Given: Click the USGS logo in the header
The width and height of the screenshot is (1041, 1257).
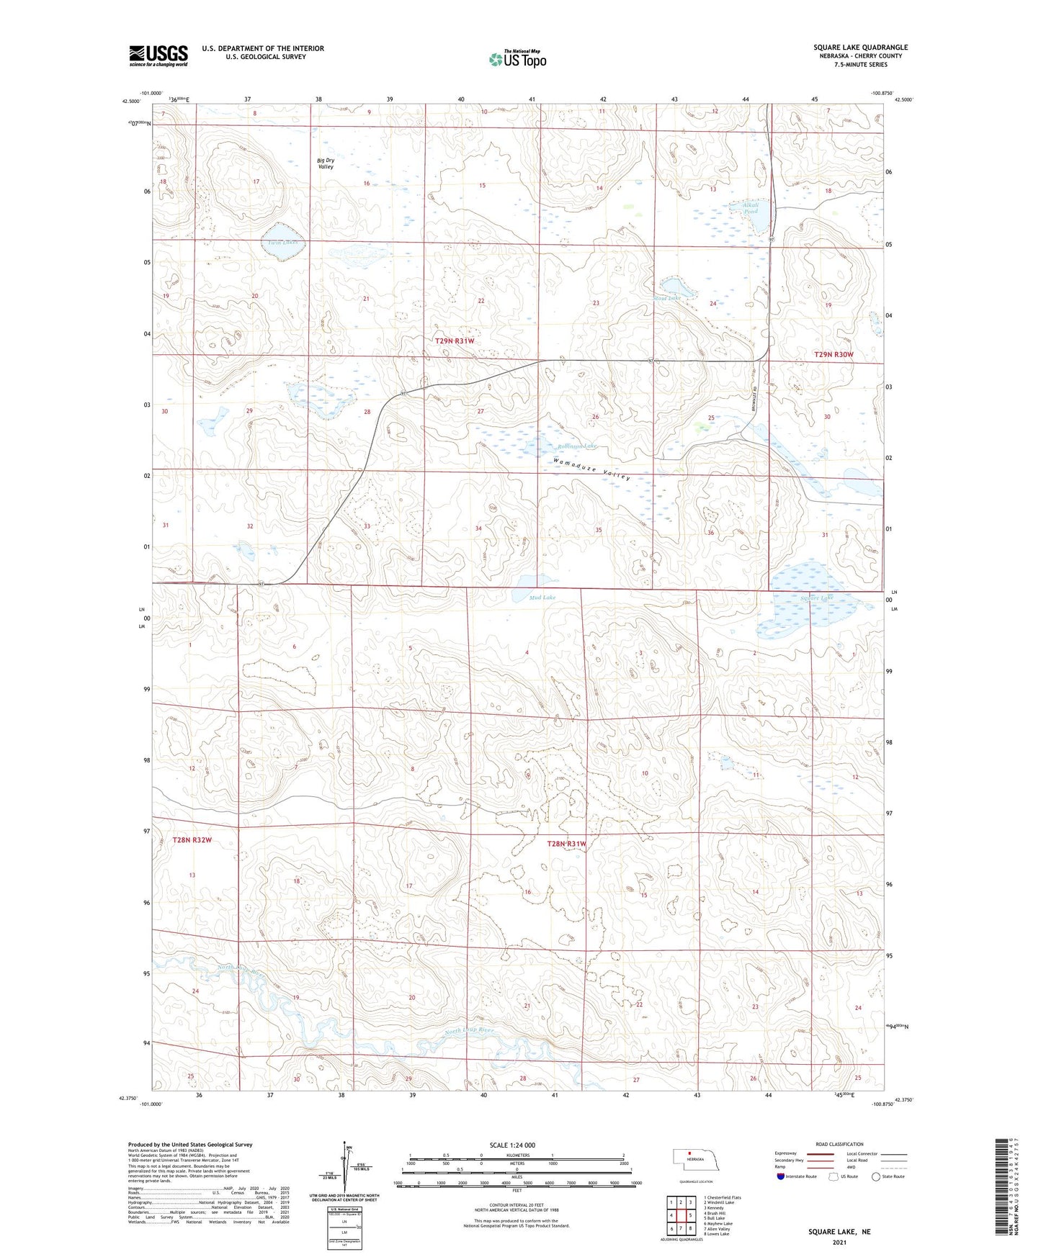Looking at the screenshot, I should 158,55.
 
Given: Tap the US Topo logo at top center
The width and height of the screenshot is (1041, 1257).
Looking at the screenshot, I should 517,59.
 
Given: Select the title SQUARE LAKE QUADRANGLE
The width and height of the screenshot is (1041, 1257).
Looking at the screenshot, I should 860,48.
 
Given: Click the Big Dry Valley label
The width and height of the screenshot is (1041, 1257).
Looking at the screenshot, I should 326,163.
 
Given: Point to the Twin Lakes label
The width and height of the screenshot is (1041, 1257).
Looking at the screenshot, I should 282,242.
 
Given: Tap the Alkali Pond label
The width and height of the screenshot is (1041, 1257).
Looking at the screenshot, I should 751,207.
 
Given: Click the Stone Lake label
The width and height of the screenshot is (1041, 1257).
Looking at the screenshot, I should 666,298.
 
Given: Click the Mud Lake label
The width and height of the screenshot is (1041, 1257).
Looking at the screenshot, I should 542,598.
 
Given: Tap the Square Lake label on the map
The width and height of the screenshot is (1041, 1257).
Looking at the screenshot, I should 816,598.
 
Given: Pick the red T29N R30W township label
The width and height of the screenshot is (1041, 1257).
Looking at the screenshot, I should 833,354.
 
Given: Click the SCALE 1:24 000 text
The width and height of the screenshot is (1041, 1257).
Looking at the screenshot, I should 512,1145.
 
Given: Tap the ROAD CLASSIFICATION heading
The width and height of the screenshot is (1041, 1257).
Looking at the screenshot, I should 839,1144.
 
